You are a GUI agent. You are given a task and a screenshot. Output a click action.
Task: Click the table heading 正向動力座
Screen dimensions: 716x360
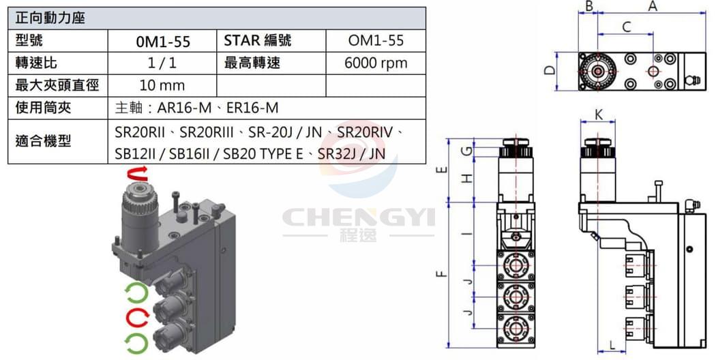coord(50,18)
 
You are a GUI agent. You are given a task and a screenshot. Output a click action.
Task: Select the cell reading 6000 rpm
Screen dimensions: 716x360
coord(376,63)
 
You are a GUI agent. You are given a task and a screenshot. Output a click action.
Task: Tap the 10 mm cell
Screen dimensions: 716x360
coord(162,85)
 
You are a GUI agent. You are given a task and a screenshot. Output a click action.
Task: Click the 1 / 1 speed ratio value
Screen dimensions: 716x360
coord(162,63)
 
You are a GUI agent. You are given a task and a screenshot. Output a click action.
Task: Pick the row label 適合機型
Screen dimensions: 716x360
coord(44,141)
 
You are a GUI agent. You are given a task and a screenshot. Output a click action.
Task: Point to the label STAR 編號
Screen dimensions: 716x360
coord(258,41)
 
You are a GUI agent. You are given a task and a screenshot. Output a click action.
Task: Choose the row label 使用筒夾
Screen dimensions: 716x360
coord(44,108)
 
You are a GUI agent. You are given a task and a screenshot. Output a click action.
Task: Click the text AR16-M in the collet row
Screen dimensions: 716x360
coord(184,108)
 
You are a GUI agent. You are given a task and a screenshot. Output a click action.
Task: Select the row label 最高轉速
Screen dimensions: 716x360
coord(252,63)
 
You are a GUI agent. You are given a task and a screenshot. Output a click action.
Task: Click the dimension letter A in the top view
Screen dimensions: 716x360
coord(653,6)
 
